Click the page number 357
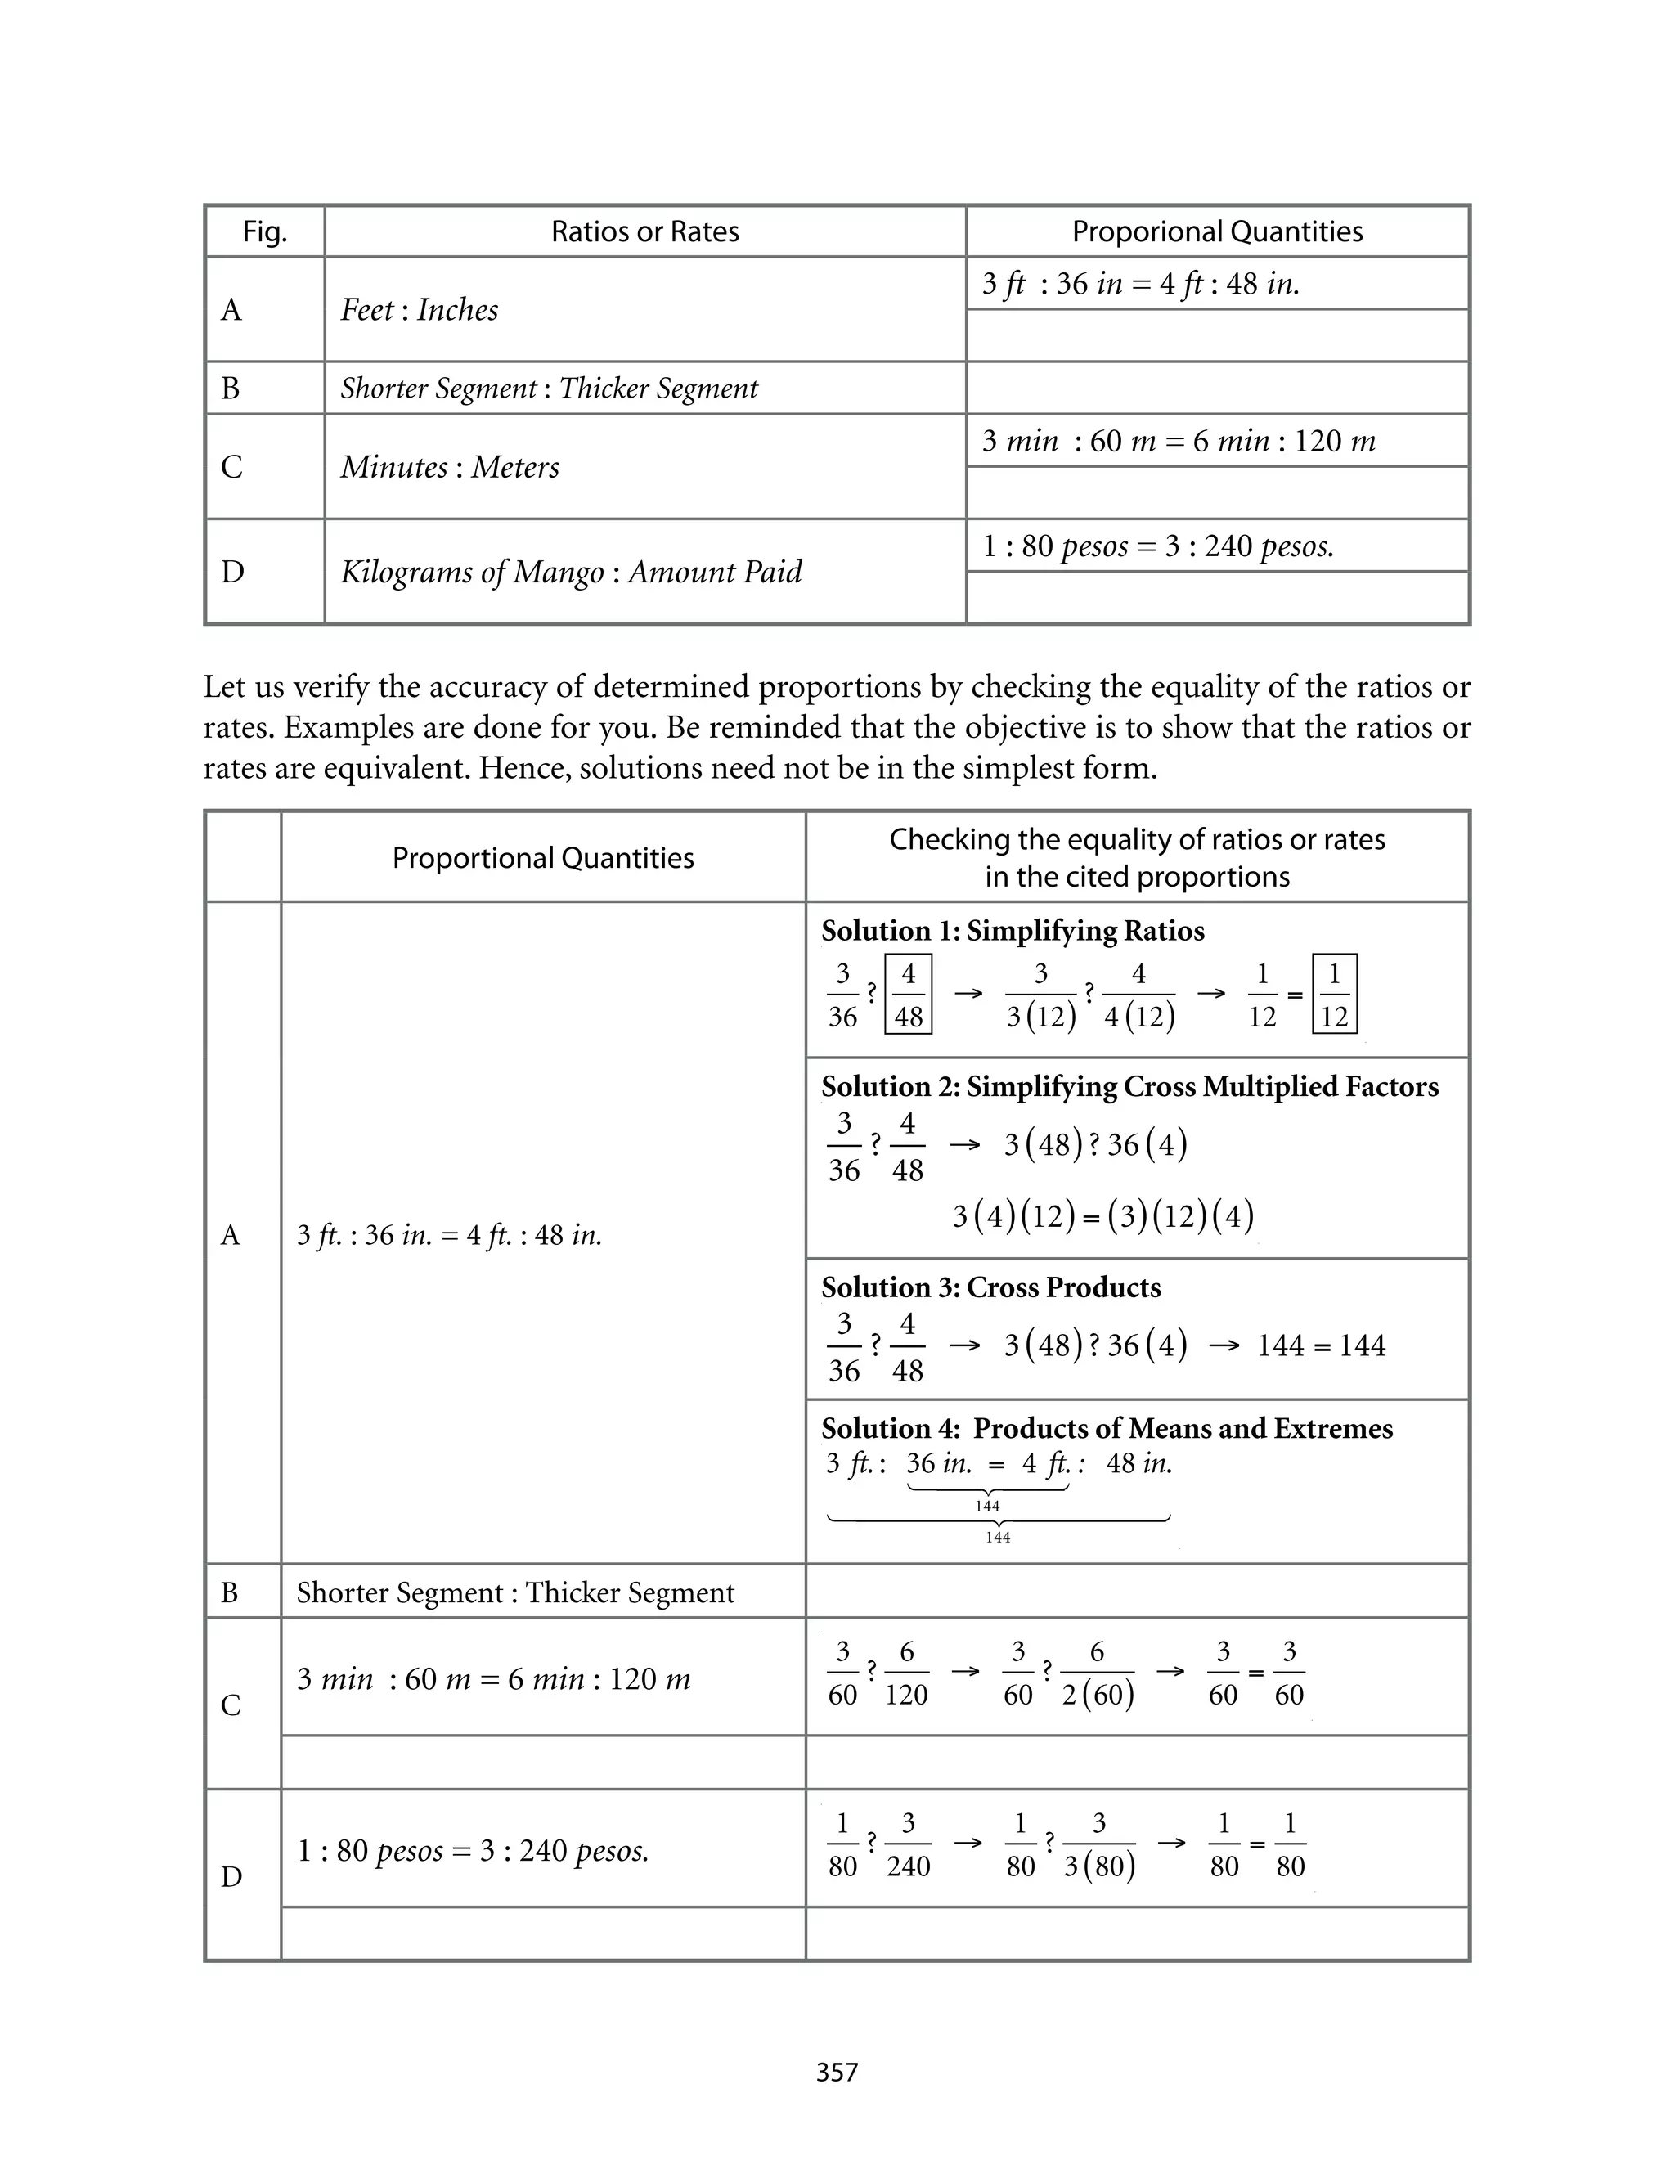pyautogui.click(x=837, y=2073)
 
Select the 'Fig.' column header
pyautogui.click(x=264, y=232)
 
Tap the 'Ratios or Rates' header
pyautogui.click(x=645, y=232)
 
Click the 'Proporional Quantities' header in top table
pyautogui.click(x=1216, y=232)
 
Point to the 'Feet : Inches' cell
pyautogui.click(x=419, y=310)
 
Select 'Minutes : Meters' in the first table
pyautogui.click(x=450, y=468)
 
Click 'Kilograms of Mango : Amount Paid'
pyautogui.click(x=572, y=573)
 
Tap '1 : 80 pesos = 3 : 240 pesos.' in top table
pyautogui.click(x=1157, y=546)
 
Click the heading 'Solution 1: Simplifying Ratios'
pyautogui.click(x=1012, y=931)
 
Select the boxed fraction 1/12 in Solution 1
pyautogui.click(x=1334, y=995)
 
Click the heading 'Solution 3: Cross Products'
pyautogui.click(x=991, y=1288)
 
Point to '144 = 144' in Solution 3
pyautogui.click(x=1321, y=1345)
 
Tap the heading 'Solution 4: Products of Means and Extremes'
pyautogui.click(x=1107, y=1428)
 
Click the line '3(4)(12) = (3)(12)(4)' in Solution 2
pyautogui.click(x=1102, y=1216)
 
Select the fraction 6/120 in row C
pyautogui.click(x=906, y=1673)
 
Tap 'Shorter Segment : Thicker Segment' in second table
pyautogui.click(x=514, y=1593)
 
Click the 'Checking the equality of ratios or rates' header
pyautogui.click(x=1137, y=840)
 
